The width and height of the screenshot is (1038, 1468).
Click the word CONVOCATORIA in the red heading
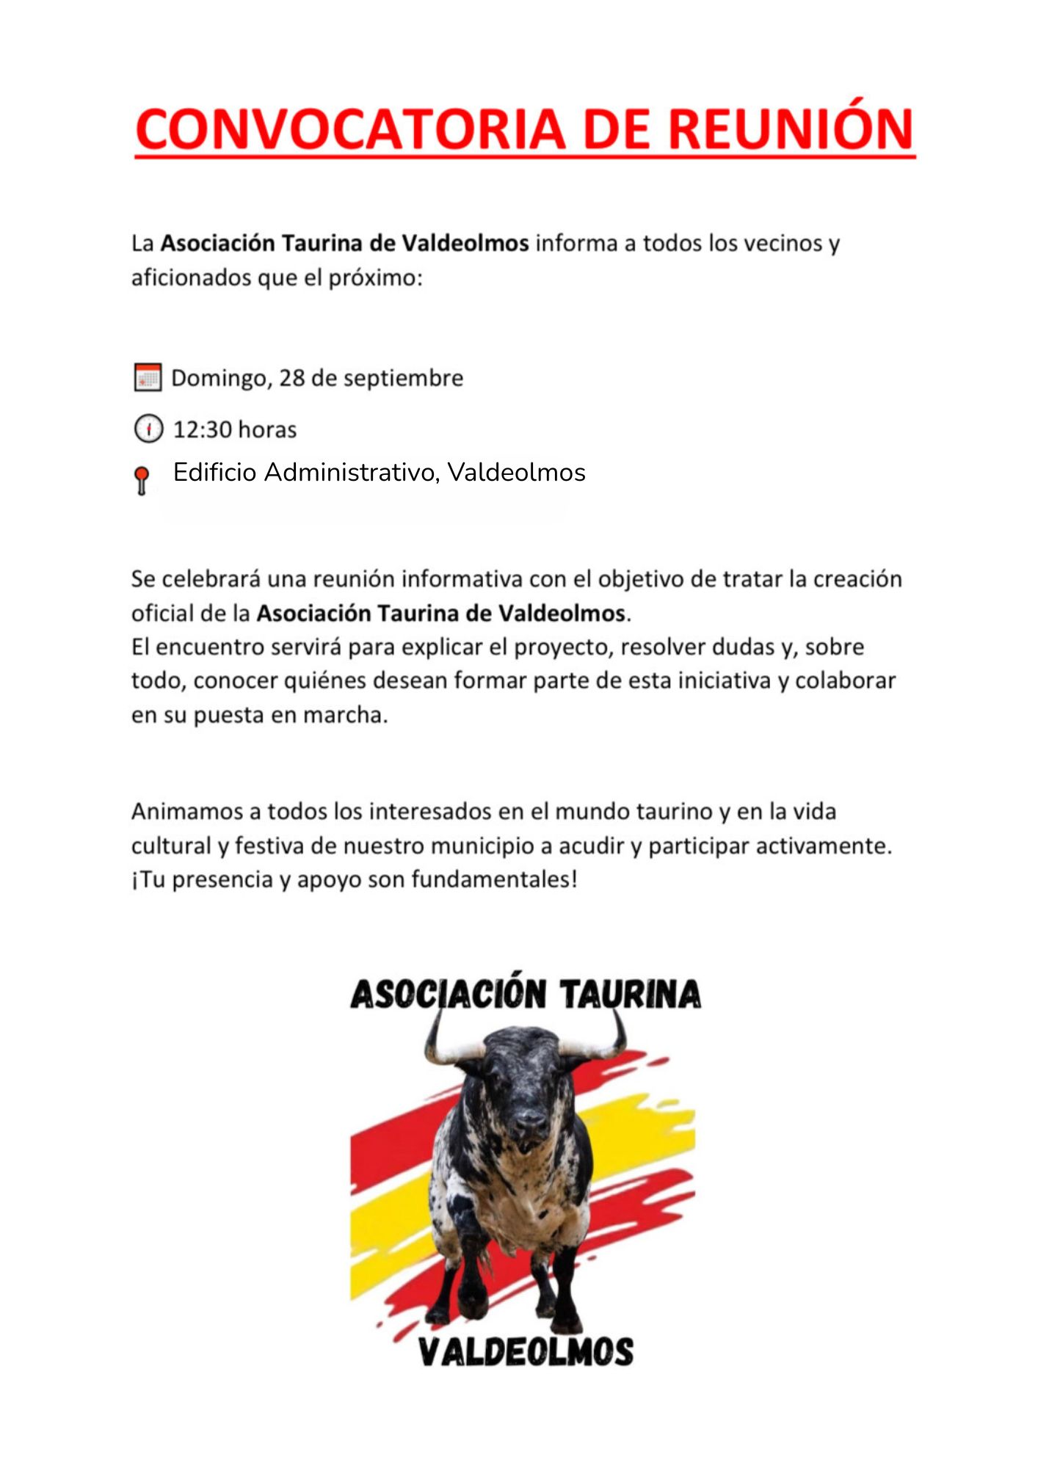point(350,129)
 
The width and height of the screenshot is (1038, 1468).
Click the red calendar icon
point(148,377)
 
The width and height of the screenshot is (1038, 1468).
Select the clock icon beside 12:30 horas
point(148,429)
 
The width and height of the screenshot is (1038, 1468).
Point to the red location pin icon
point(142,480)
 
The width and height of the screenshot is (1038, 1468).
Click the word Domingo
point(219,379)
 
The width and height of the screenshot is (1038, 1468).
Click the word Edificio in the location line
point(215,472)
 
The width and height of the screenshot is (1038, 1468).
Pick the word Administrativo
point(352,472)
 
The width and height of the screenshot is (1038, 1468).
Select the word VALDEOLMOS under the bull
point(526,1352)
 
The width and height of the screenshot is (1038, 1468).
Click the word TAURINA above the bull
point(630,995)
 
